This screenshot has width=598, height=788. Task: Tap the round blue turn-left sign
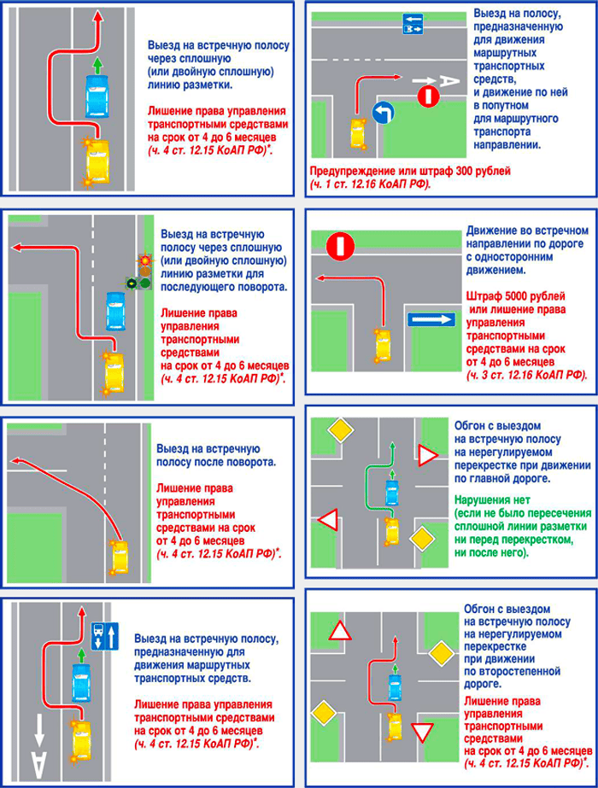tap(383, 112)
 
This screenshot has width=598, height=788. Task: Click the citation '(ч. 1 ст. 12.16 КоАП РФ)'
tap(371, 183)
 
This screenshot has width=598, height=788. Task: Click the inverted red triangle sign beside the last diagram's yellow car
tap(419, 732)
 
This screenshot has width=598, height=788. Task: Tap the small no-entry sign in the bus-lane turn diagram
tap(427, 97)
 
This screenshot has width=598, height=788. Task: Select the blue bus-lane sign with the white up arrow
tap(103, 633)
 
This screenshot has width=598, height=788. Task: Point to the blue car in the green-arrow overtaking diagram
tap(391, 492)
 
